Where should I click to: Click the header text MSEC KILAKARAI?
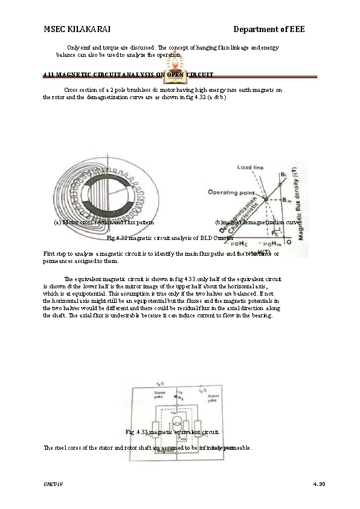77,30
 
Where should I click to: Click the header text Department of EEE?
269,30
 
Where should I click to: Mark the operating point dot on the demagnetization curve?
265,198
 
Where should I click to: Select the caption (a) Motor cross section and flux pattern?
104,222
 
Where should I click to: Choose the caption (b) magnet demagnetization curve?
257,222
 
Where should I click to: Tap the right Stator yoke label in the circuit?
212,398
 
